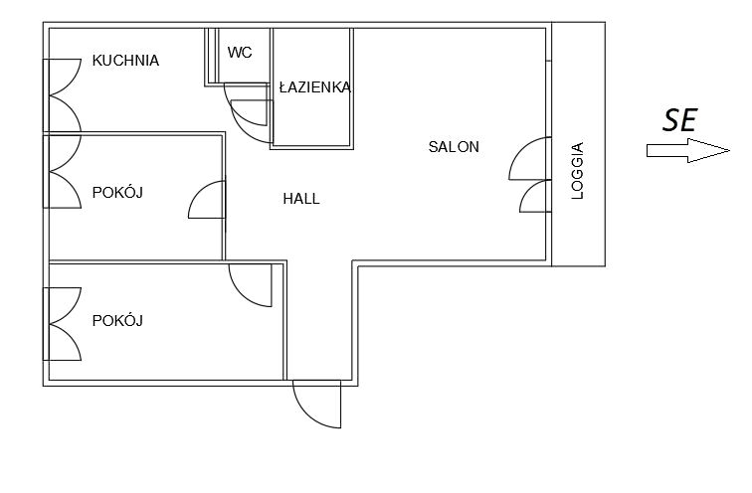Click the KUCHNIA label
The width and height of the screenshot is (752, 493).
[x=125, y=61]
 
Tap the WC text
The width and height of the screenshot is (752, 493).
[x=240, y=53]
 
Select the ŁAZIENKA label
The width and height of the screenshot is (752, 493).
[x=314, y=87]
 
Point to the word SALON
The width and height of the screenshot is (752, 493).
[x=454, y=147]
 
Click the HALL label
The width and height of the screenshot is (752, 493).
[x=301, y=199]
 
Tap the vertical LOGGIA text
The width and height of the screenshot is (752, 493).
[x=578, y=172]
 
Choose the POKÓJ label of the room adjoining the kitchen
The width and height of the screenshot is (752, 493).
[x=117, y=193]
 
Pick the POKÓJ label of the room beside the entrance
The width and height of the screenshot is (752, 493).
[x=117, y=320]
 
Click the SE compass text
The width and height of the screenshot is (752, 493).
[x=678, y=120]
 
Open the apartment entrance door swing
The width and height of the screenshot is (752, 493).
[x=316, y=405]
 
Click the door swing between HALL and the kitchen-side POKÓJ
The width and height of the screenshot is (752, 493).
[x=207, y=201]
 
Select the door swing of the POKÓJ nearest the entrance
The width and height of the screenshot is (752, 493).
[x=249, y=285]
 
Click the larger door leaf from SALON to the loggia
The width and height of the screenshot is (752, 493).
[x=530, y=159]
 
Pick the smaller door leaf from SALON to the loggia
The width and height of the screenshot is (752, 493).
[x=535, y=196]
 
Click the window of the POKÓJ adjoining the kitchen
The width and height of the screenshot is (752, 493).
[x=63, y=171]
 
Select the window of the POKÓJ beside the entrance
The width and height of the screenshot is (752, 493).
[x=63, y=324]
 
